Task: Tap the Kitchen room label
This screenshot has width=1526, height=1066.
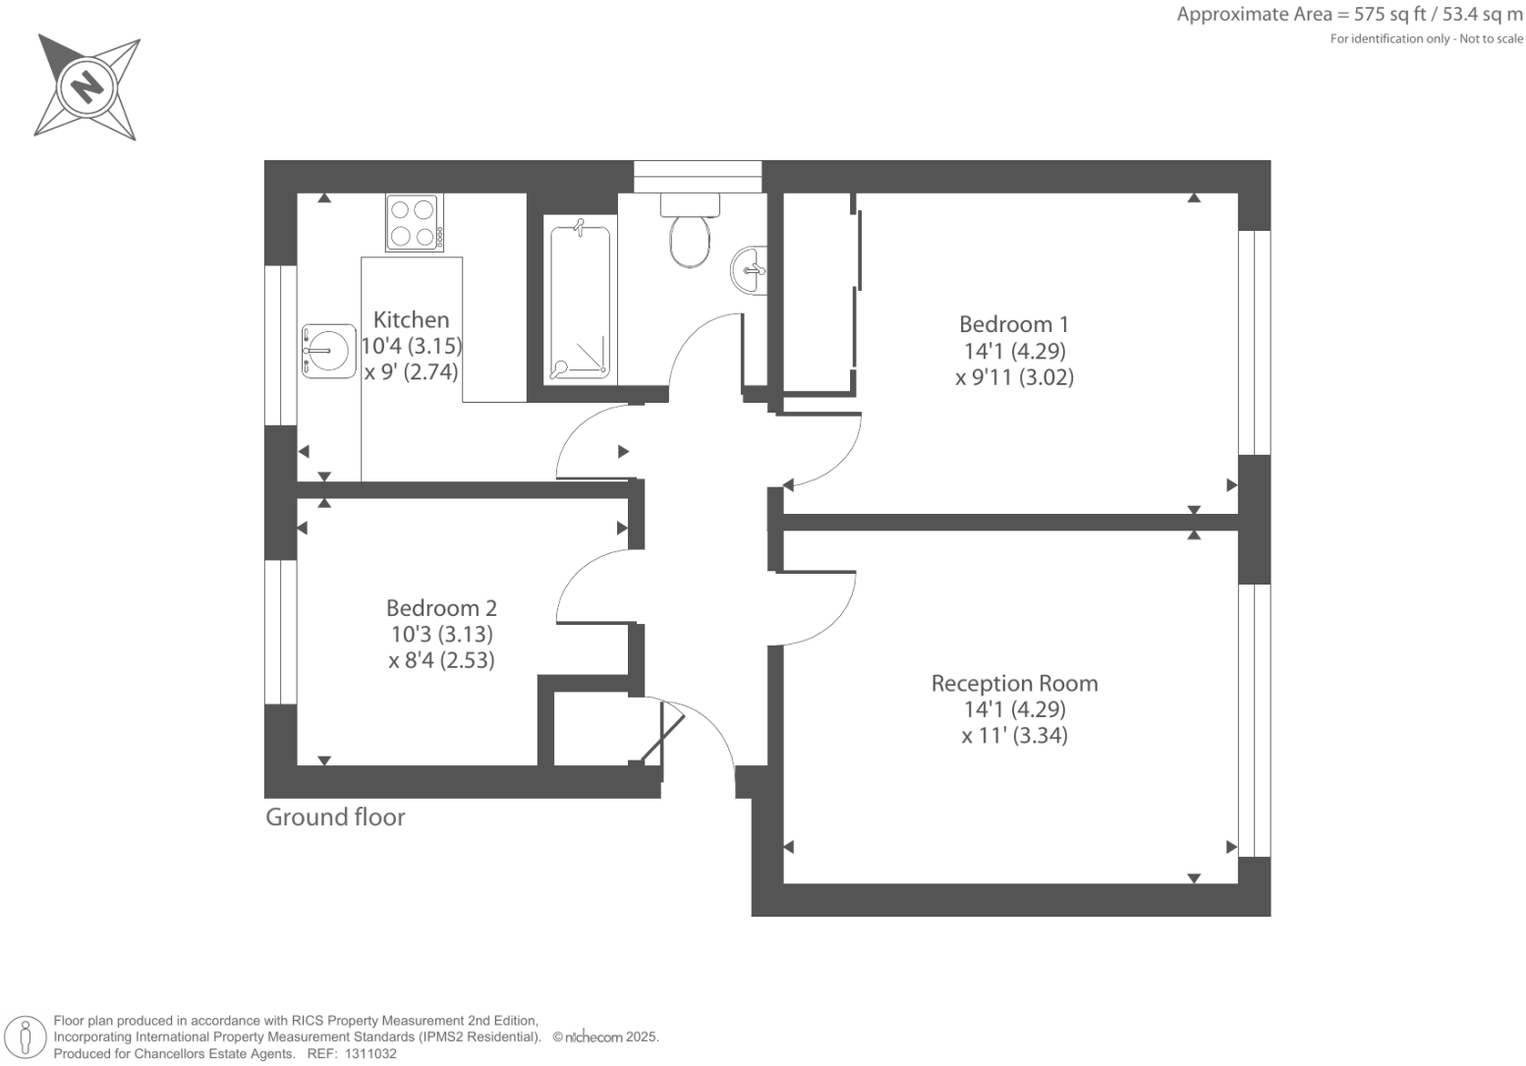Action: pyautogui.click(x=411, y=319)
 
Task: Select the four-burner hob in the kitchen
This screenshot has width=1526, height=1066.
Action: pyautogui.click(x=414, y=223)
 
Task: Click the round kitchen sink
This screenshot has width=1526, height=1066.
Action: pyautogui.click(x=327, y=351)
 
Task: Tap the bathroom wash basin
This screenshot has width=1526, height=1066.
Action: pyautogui.click(x=749, y=268)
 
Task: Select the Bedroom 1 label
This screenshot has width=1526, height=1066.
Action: pyautogui.click(x=1013, y=324)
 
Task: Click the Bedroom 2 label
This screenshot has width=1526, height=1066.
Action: pyautogui.click(x=441, y=608)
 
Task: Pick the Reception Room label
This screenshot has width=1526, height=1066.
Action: pyautogui.click(x=1014, y=683)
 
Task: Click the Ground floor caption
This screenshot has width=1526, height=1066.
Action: pyautogui.click(x=335, y=817)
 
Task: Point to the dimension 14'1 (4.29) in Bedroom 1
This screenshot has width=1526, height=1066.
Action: pyautogui.click(x=1014, y=351)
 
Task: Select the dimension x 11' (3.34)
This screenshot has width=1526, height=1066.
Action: pyautogui.click(x=1014, y=735)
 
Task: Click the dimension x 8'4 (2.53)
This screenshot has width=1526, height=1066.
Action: pyautogui.click(x=441, y=660)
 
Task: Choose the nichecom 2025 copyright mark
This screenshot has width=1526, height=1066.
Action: pyautogui.click(x=605, y=1037)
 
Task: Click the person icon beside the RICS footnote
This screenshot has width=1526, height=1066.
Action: pyautogui.click(x=27, y=1038)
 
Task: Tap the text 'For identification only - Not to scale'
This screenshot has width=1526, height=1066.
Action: pyautogui.click(x=1426, y=39)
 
